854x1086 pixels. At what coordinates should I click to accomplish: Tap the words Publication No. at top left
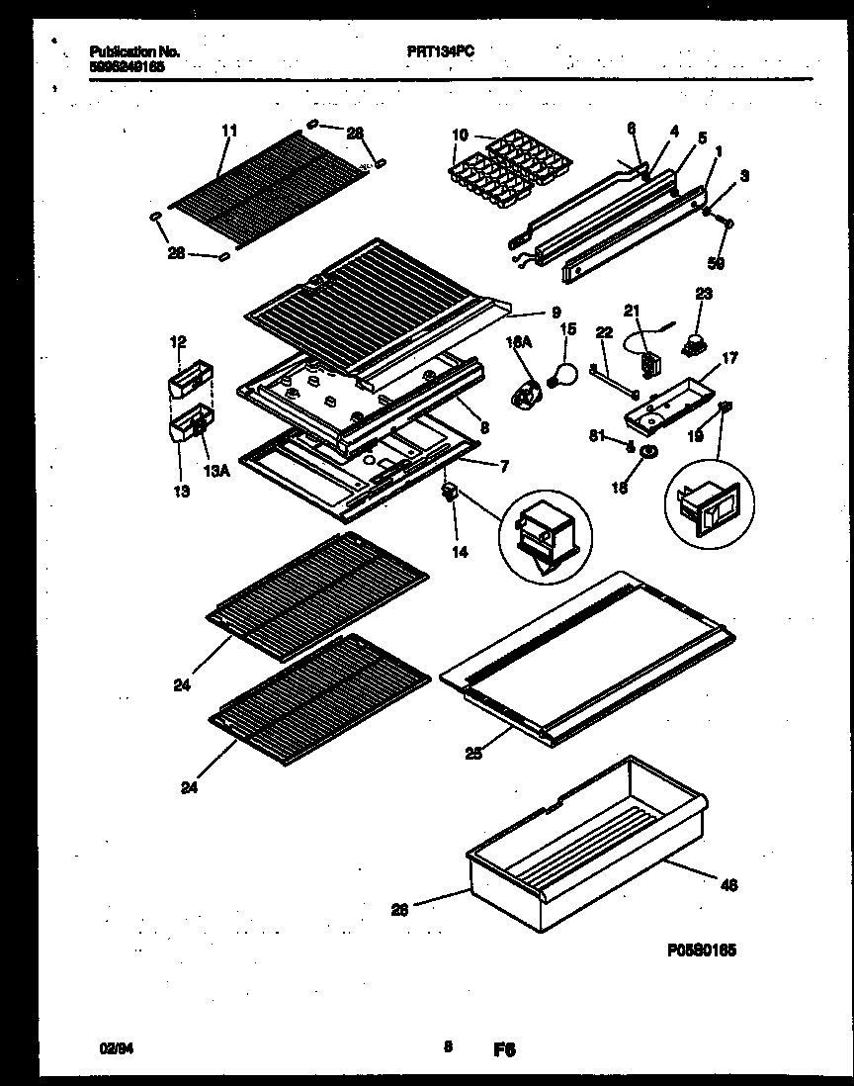point(134,51)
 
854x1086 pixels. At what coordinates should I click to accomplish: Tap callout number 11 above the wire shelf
point(229,130)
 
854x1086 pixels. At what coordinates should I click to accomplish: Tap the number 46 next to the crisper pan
point(730,884)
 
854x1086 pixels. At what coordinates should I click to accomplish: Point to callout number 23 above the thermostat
point(704,293)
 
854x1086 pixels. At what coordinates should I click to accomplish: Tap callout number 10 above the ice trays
point(461,135)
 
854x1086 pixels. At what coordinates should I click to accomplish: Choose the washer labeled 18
point(649,454)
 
